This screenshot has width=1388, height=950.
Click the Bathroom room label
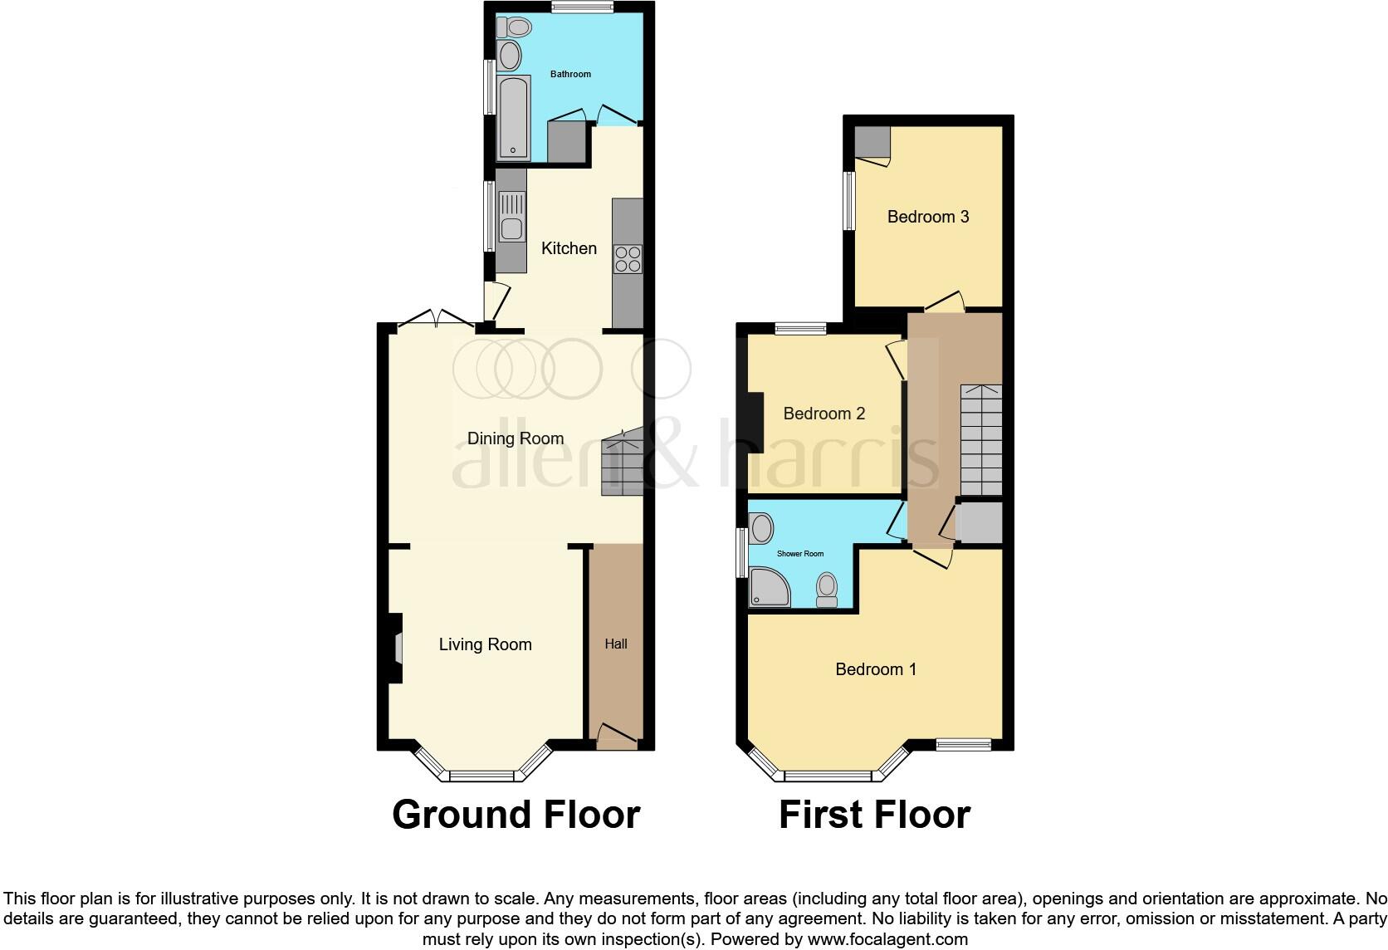(570, 74)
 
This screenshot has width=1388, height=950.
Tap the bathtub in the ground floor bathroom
(513, 117)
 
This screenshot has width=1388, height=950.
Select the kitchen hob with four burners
(627, 258)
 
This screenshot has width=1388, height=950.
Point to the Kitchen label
(569, 248)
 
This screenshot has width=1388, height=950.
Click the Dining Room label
(515, 438)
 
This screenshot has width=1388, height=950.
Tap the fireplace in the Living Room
(396, 649)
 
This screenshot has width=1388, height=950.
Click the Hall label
(615, 644)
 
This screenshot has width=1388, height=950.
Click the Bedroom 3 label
(927, 217)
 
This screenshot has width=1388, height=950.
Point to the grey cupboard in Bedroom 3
(872, 142)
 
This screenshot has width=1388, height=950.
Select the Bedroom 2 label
(824, 414)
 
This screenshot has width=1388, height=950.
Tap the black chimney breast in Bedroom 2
(755, 421)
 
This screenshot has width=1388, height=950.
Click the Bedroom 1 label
(875, 669)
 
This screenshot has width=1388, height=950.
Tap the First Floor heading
(874, 815)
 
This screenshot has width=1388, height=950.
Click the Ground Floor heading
(516, 815)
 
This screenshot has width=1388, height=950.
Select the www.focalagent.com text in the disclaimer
(888, 940)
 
